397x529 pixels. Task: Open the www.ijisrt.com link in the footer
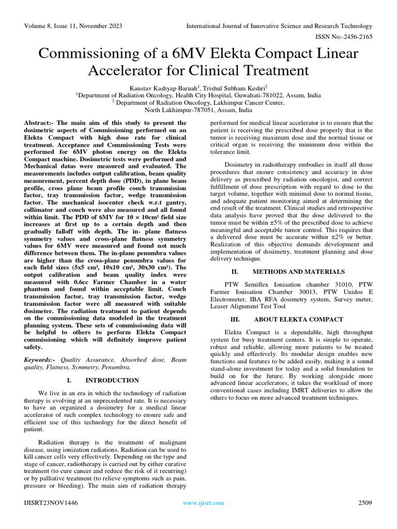point(203,503)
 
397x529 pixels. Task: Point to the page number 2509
point(365,503)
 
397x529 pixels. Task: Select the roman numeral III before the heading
point(235,319)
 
